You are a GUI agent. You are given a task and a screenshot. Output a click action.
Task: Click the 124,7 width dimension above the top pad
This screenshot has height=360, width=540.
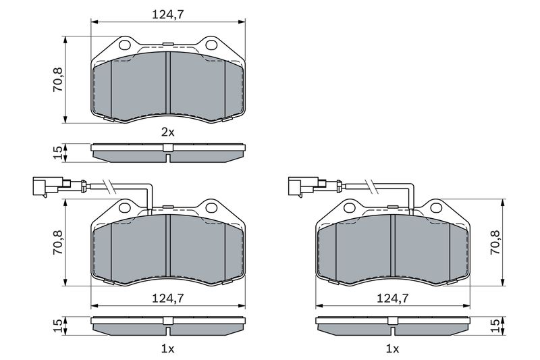[168, 14]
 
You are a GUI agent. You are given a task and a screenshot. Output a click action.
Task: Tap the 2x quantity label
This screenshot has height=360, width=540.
[168, 132]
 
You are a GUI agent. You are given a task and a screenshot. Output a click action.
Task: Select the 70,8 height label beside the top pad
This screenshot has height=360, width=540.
[57, 80]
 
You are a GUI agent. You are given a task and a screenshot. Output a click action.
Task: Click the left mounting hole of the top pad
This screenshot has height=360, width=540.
[124, 45]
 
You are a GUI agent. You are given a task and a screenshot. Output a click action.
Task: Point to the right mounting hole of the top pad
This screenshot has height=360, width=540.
[211, 45]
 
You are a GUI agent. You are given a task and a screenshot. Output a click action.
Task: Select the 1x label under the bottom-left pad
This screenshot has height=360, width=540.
[168, 349]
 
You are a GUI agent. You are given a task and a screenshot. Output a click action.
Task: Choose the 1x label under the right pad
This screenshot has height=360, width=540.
[392, 349]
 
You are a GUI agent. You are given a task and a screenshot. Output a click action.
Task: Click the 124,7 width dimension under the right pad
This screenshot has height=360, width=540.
[392, 298]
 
